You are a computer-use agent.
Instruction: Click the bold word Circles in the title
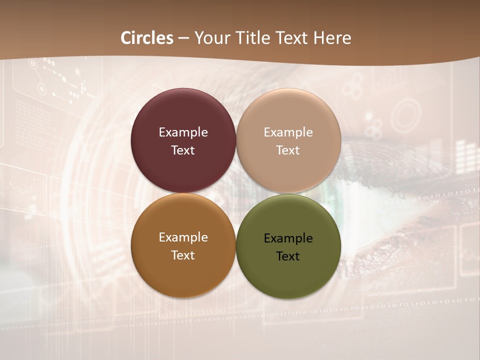pyautogui.click(x=147, y=38)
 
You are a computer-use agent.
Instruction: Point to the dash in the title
pyautogui.click(x=183, y=38)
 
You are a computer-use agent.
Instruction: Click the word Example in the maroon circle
pyautogui.click(x=183, y=132)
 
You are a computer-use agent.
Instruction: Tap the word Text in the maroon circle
pyautogui.click(x=183, y=150)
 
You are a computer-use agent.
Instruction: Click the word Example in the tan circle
pyautogui.click(x=288, y=132)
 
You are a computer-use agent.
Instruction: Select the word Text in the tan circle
pyautogui.click(x=288, y=150)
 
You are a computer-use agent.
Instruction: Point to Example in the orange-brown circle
pyautogui.click(x=183, y=237)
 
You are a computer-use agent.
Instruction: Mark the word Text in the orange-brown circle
pyautogui.click(x=183, y=255)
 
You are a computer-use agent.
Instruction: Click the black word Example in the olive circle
pyautogui.click(x=288, y=238)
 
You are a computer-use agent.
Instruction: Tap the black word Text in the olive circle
pyautogui.click(x=288, y=256)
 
